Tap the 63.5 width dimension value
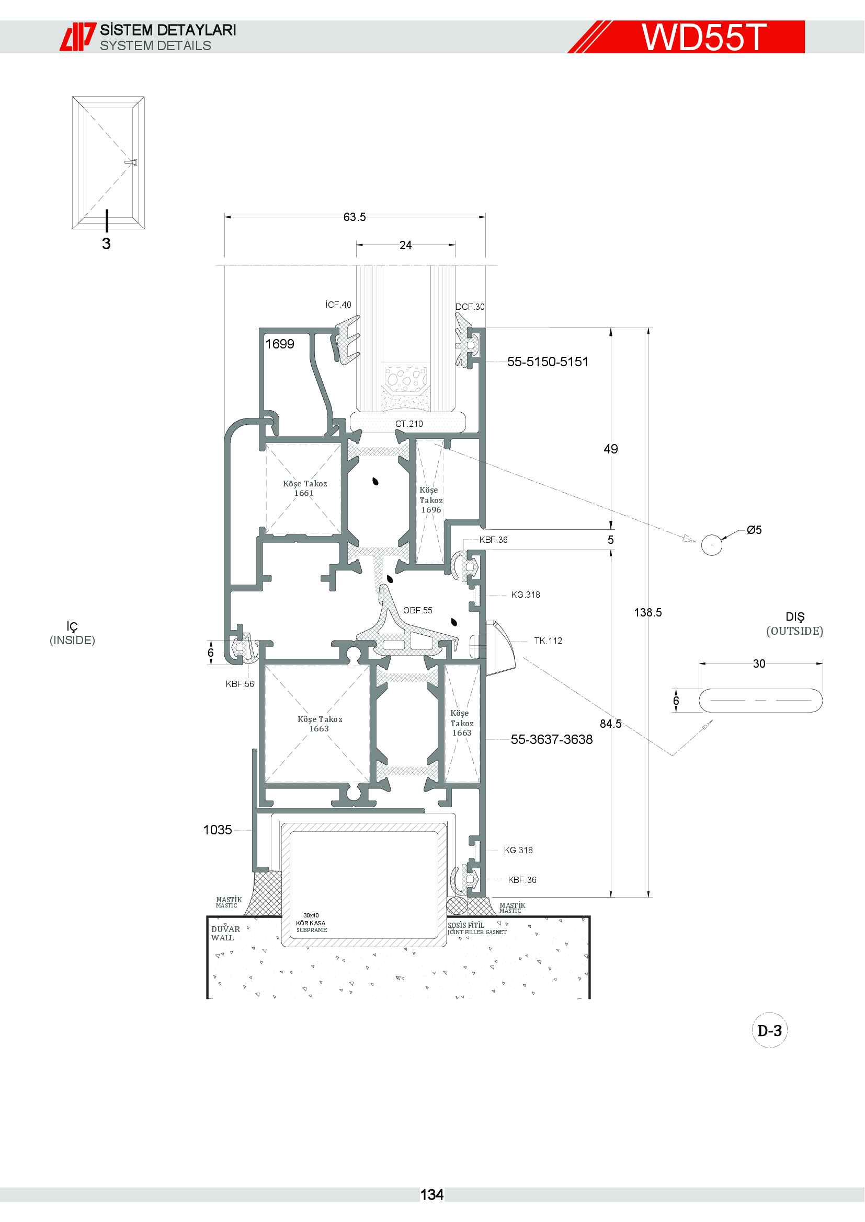pyautogui.click(x=354, y=217)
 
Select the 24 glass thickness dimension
pyautogui.click(x=405, y=246)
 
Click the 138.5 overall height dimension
pyautogui.click(x=647, y=613)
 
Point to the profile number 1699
pyautogui.click(x=280, y=344)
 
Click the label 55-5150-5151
pyautogui.click(x=548, y=362)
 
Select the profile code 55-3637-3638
pyautogui.click(x=552, y=739)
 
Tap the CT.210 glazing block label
pyautogui.click(x=409, y=424)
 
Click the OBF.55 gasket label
pyautogui.click(x=417, y=610)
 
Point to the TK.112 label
pyautogui.click(x=548, y=641)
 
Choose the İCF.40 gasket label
pyautogui.click(x=338, y=305)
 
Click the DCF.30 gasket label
pyautogui.click(x=470, y=307)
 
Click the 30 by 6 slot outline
pyautogui.click(x=760, y=689)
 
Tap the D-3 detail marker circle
pyautogui.click(x=770, y=1031)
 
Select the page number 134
pyautogui.click(x=432, y=1195)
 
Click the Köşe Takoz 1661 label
pyautogui.click(x=305, y=488)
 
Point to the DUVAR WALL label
pyautogui.click(x=225, y=933)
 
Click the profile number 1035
pyautogui.click(x=218, y=830)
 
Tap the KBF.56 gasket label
pyautogui.click(x=240, y=684)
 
